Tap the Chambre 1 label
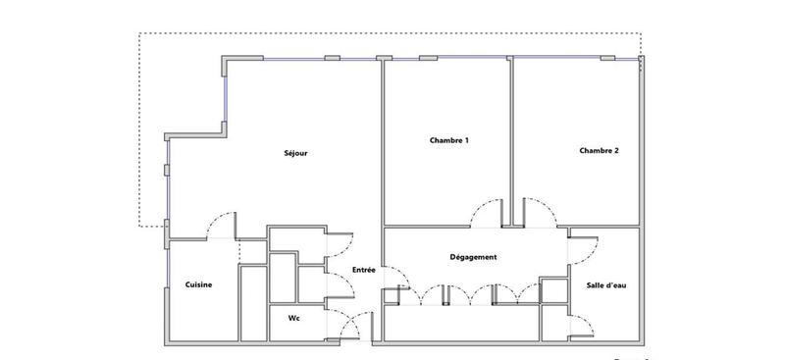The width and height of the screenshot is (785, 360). coord(448,141)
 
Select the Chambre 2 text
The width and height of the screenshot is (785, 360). coord(599,151)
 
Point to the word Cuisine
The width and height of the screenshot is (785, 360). coord(199,284)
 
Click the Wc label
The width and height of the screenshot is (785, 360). coord(293,319)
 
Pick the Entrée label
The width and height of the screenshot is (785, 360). coord(363,270)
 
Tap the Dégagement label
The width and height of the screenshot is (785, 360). coord(473,257)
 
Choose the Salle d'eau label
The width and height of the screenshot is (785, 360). coord(606,284)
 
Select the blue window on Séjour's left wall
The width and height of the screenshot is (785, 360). coord(167,186)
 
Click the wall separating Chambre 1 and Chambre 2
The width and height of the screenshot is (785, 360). coord(511,137)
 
